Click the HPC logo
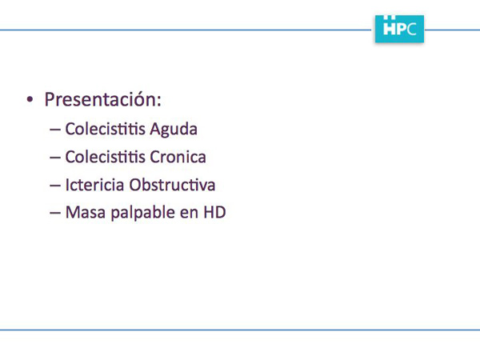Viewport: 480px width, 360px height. pyautogui.click(x=399, y=29)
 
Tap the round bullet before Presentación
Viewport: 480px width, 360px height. pyautogui.click(x=30, y=99)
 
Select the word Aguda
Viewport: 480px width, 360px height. pyautogui.click(x=174, y=129)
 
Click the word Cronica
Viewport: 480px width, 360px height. pyautogui.click(x=178, y=157)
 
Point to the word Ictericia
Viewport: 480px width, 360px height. pyautogui.click(x=94, y=185)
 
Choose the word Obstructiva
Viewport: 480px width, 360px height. pyautogui.click(x=172, y=185)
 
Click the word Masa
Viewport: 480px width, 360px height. pyautogui.click(x=86, y=213)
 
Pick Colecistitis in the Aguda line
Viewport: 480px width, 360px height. pyautogui.click(x=105, y=129)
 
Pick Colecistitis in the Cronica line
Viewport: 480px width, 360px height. pyautogui.click(x=105, y=157)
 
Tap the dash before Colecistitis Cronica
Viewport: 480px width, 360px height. pyautogui.click(x=54, y=158)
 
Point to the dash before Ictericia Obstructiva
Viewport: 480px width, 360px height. pyautogui.click(x=54, y=186)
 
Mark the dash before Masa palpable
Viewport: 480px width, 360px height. pyautogui.click(x=54, y=214)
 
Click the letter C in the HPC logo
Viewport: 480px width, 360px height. pyautogui.click(x=412, y=29)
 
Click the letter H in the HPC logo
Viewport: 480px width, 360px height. pyautogui.click(x=390, y=28)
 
